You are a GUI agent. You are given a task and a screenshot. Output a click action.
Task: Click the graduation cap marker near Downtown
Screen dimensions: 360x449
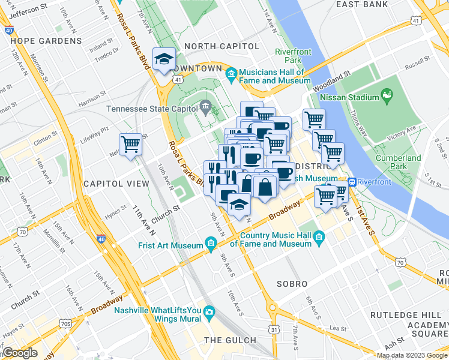(x=164, y=59)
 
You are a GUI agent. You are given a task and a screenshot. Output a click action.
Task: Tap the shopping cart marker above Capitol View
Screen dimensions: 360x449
(x=130, y=144)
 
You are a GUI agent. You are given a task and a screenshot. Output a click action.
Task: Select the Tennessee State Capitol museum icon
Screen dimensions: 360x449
(x=205, y=109)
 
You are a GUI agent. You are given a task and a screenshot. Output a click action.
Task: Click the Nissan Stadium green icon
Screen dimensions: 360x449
(x=387, y=97)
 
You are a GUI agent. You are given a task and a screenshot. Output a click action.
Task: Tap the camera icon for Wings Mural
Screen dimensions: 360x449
(x=208, y=311)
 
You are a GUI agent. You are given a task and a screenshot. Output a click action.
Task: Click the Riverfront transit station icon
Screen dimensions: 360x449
(x=352, y=182)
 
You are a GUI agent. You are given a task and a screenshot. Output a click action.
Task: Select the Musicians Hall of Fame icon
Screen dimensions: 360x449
(x=232, y=76)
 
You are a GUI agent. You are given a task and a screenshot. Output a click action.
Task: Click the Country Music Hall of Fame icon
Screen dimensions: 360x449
(x=319, y=239)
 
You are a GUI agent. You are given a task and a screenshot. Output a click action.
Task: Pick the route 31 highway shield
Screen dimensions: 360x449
(x=274, y=329)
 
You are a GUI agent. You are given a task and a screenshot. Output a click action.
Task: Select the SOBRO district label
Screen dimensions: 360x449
(x=292, y=283)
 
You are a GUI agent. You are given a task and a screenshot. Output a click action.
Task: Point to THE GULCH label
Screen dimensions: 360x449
(x=230, y=340)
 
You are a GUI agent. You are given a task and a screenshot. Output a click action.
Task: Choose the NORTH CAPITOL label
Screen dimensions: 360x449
(x=221, y=46)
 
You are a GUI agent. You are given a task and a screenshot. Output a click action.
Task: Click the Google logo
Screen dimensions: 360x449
(x=20, y=352)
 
